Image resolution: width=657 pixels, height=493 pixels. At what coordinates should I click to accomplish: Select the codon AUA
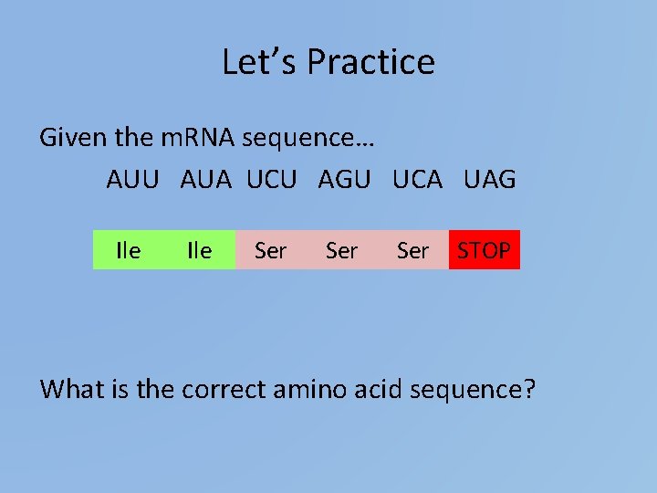pyautogui.click(x=206, y=180)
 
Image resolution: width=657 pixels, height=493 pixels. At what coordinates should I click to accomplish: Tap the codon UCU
pyautogui.click(x=272, y=180)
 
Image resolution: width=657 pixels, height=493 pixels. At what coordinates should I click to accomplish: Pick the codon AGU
pyautogui.click(x=344, y=180)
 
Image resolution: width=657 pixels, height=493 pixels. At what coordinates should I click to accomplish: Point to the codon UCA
pyautogui.click(x=417, y=180)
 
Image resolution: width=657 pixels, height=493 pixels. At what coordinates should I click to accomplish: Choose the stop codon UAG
pyautogui.click(x=489, y=180)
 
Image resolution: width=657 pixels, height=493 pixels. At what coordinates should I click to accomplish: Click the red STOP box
pyautogui.click(x=485, y=250)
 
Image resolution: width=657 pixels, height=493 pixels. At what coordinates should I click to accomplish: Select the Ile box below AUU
pyautogui.click(x=129, y=250)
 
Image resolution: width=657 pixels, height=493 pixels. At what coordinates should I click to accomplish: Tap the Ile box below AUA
pyautogui.click(x=199, y=250)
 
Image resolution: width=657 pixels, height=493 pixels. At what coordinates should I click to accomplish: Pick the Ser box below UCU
pyautogui.click(x=271, y=250)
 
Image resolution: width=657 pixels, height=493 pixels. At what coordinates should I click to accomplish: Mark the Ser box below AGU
pyautogui.click(x=342, y=250)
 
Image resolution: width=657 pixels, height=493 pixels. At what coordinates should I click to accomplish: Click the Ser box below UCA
pyautogui.click(x=413, y=250)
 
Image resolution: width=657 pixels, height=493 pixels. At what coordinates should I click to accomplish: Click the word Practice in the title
pyautogui.click(x=370, y=62)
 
